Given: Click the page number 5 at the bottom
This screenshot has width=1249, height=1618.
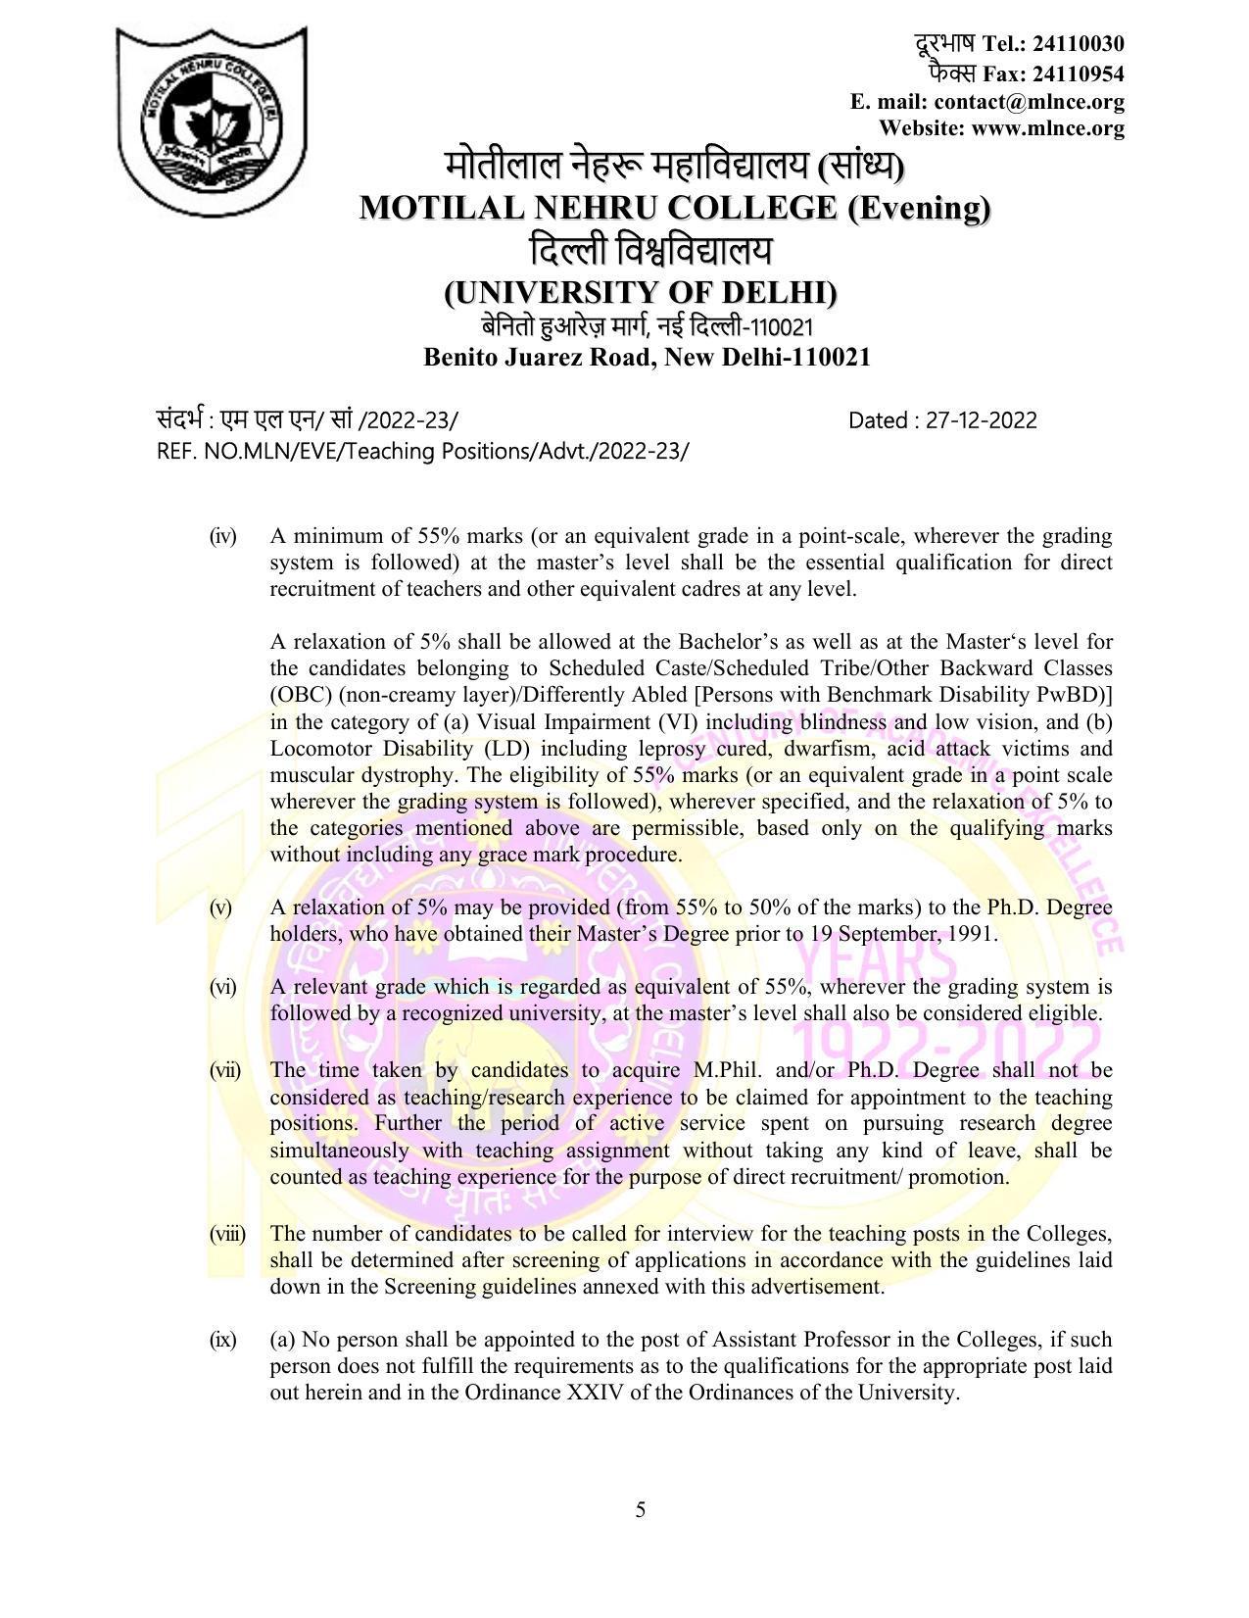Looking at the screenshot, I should (641, 1510).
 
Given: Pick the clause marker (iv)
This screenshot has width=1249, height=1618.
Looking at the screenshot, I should (223, 536).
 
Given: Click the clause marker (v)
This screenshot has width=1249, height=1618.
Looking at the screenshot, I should (220, 907).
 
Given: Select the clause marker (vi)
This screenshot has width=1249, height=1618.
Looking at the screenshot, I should (223, 987).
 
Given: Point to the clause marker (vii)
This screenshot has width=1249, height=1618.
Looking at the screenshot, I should (225, 1069).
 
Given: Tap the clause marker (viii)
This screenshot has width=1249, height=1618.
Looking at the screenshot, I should (227, 1234).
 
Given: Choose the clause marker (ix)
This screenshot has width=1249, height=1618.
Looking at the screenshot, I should (223, 1340).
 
